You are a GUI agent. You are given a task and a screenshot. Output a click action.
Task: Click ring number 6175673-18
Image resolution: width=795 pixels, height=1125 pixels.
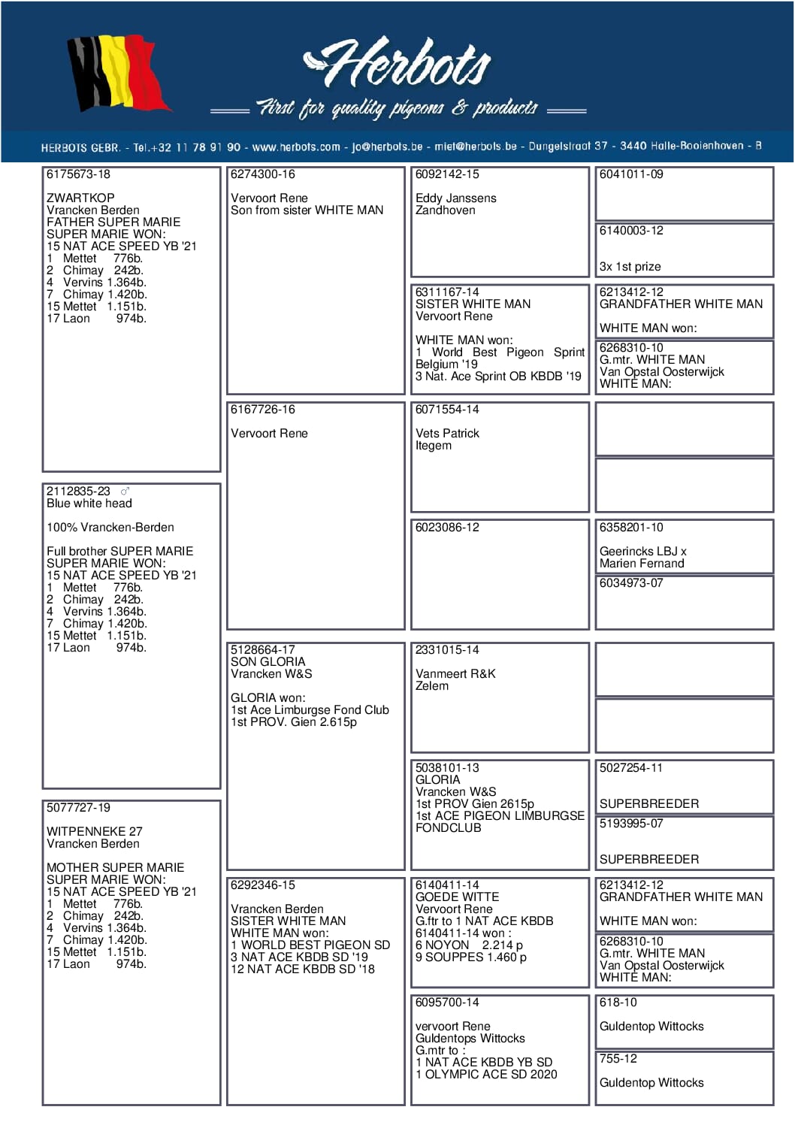78,174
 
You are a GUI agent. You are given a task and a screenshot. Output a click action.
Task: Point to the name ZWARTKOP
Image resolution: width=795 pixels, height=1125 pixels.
80,198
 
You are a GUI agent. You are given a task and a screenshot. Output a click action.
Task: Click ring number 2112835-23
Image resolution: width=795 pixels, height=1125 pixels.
78,491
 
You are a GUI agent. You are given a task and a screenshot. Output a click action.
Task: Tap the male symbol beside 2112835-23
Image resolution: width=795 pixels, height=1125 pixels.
125,491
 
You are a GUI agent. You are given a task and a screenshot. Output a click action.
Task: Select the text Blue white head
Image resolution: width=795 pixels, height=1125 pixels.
89,504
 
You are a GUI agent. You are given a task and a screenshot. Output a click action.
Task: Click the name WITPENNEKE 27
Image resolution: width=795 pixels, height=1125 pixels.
94,832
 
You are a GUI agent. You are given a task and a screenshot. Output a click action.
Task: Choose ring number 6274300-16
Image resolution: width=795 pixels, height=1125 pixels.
263,174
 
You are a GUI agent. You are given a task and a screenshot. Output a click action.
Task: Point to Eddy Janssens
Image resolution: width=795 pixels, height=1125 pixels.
455,198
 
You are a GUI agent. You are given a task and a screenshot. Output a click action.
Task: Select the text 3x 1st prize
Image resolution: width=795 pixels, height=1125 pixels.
630,267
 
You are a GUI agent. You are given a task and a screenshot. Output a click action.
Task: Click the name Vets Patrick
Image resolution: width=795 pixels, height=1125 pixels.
447,434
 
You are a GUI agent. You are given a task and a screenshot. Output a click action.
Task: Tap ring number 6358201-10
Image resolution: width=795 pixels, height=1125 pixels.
631,528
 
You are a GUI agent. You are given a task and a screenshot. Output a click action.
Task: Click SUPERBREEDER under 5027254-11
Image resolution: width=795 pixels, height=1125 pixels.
648,804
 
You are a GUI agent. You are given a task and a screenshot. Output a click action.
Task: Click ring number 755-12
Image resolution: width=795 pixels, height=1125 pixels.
618,1059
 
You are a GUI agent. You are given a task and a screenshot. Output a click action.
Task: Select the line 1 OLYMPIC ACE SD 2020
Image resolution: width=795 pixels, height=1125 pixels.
486,1075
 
